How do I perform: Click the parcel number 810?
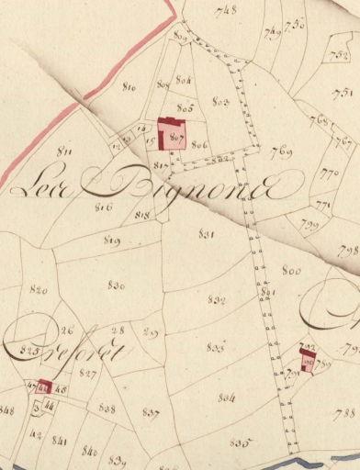129,87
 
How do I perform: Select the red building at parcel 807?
170,134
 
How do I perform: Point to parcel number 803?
220,100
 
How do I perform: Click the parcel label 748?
223,11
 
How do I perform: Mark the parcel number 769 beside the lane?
281,151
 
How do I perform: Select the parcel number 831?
207,234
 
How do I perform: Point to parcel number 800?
291,271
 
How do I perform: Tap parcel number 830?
116,285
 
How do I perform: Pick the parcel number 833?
217,347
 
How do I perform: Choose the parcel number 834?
227,397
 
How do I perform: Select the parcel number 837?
151,412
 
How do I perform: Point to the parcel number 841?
60,442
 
